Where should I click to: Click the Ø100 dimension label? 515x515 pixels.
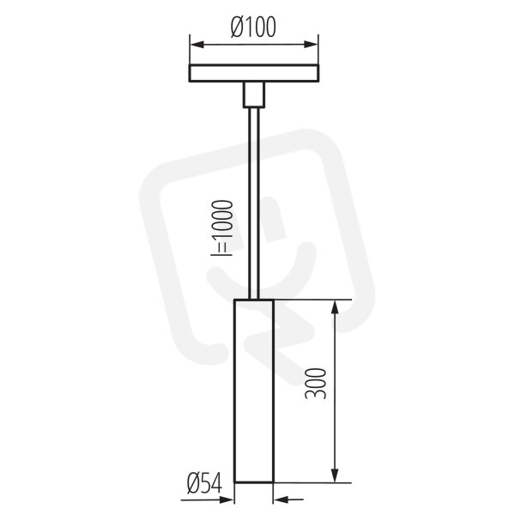253,27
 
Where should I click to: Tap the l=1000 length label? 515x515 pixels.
222,227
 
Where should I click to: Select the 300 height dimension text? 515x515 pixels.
316,384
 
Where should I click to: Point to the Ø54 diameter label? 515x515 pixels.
204,483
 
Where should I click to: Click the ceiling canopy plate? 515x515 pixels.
254,73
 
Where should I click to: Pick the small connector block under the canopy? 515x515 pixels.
254,94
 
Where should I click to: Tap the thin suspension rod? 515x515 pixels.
254,203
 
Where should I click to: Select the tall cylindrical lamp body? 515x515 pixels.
253,391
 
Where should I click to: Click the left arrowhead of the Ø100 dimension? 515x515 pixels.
197,45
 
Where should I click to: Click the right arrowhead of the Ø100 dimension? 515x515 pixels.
311,45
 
